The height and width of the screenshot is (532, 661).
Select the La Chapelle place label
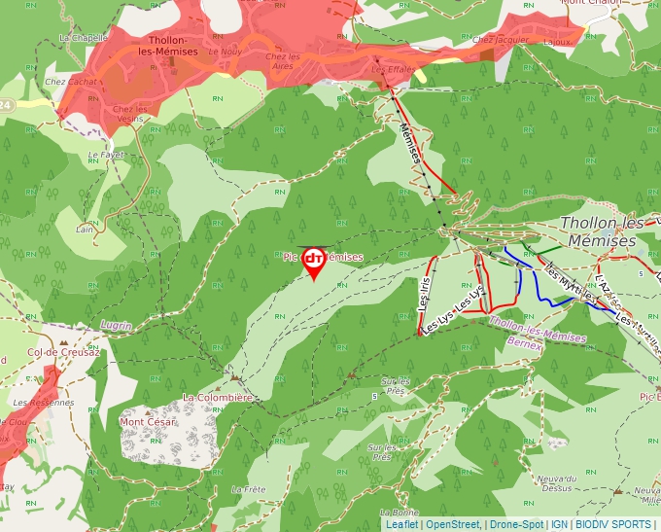(82, 38)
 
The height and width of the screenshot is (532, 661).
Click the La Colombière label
(218, 397)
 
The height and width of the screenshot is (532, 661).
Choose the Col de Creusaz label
(63, 352)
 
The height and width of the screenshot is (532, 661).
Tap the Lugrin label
(116, 325)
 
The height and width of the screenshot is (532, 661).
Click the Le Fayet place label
(106, 155)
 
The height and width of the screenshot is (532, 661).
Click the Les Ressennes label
(44, 402)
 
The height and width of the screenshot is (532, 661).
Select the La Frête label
(249, 488)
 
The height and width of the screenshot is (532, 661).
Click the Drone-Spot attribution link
(516, 524)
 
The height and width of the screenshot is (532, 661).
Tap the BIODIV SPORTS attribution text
(613, 524)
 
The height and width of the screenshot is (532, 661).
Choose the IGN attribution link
(559, 524)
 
